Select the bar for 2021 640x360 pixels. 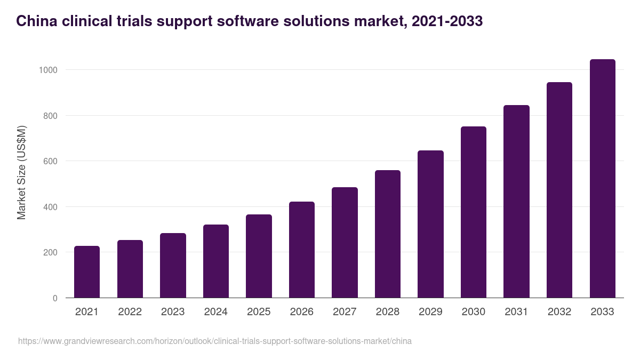tap(87, 272)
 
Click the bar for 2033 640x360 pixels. tap(602, 179)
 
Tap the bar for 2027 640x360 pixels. tap(345, 243)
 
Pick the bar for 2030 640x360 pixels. tap(474, 212)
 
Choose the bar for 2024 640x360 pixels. tap(216, 261)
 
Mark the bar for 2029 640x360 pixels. tap(430, 224)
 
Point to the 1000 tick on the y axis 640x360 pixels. tap(47, 70)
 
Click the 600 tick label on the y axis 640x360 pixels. tap(50, 161)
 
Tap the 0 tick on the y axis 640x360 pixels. tap(55, 298)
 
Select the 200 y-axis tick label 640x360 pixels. tap(50, 252)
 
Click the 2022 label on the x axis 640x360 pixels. tap(130, 312)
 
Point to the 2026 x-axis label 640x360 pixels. tap(301, 312)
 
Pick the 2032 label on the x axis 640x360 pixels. tap(559, 312)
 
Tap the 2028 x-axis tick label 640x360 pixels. tap(387, 312)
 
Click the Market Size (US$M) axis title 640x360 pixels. tap(21, 172)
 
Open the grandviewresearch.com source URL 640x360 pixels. tap(214, 341)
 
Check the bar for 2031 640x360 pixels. tap(516, 202)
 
